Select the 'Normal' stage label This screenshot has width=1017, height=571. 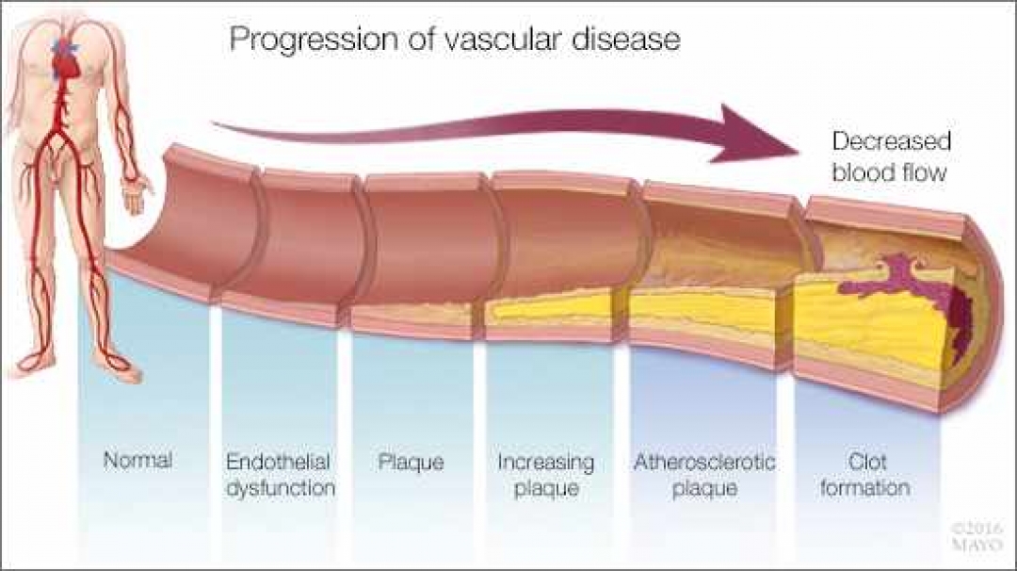pos(137,462)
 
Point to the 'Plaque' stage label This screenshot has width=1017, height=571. pos(411,462)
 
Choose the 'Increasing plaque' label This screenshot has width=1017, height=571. pos(546,475)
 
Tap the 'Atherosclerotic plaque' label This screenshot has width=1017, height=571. pos(705,475)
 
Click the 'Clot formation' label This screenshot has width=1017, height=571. pos(864,475)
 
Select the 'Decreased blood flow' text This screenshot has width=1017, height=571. pos(891,157)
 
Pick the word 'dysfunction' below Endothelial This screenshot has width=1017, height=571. pos(281,489)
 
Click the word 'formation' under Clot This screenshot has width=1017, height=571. pos(864,489)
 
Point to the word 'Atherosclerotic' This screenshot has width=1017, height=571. pos(705,462)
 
